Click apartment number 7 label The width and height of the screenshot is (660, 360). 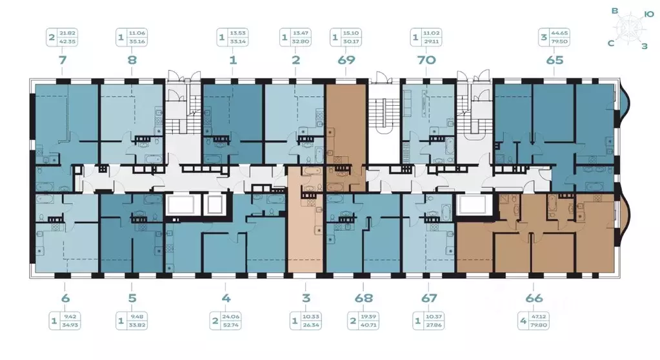pos(62,61)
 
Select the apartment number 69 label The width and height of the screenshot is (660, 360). pos(345,61)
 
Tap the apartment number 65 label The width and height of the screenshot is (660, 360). pos(554,61)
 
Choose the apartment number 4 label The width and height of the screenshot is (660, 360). pos(225,298)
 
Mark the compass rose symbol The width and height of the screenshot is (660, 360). pos(629,28)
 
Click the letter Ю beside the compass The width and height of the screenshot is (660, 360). pos(649,12)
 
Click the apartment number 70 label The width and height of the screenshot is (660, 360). pos(426,61)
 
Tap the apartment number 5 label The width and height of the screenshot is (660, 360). pos(132,298)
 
